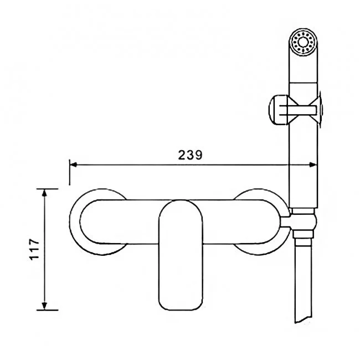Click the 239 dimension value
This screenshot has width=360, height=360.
coord(191,155)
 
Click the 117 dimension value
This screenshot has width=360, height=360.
coord(35,249)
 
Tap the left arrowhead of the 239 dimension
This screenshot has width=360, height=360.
coord(73,164)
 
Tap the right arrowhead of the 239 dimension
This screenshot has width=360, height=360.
coord(313,164)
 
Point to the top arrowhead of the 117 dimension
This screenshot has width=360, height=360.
coord(45,193)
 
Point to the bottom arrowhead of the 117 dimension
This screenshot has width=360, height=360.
coord(45,306)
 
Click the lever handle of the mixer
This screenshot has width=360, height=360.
coord(181,255)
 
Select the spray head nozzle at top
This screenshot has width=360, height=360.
coord(304,42)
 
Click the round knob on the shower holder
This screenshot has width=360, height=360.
coord(278,110)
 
